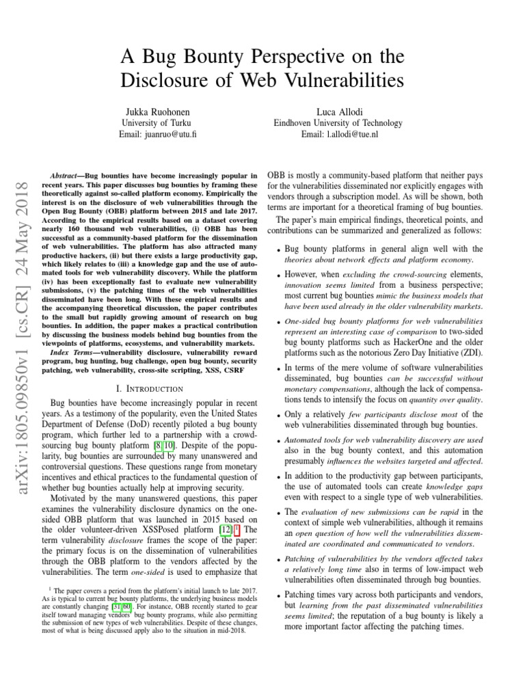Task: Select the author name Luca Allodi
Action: tap(339, 111)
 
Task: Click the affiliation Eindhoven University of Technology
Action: tap(339, 122)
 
